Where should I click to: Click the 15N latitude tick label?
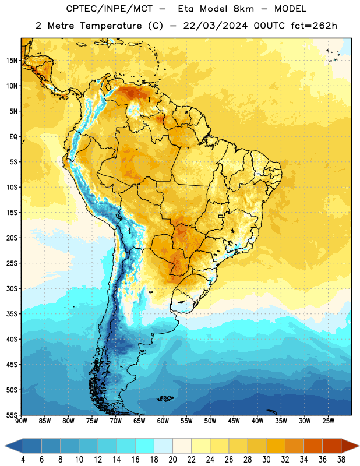coord(12,61)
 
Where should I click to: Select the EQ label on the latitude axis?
coord(13,137)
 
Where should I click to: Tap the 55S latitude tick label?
coord(12,415)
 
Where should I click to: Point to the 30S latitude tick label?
coord(12,288)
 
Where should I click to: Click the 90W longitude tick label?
coord(21,421)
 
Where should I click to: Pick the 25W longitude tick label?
coord(328,421)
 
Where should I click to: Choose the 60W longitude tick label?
coord(163,421)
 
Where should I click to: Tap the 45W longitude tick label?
coord(234,421)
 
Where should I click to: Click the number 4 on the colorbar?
coord(23,460)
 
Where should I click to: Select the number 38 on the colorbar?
coord(341,460)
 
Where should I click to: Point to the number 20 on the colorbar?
coord(172,460)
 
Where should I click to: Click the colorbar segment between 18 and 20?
coord(163,446)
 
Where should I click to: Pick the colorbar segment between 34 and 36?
coord(313,446)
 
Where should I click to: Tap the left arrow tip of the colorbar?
coord(5,446)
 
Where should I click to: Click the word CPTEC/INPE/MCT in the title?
coord(110,9)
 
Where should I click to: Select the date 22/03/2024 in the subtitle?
coord(215,26)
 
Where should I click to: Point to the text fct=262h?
coord(314,26)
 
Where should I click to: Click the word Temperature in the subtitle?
coord(111,26)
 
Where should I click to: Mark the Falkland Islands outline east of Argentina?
coord(165,398)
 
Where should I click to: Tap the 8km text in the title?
coord(243,9)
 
